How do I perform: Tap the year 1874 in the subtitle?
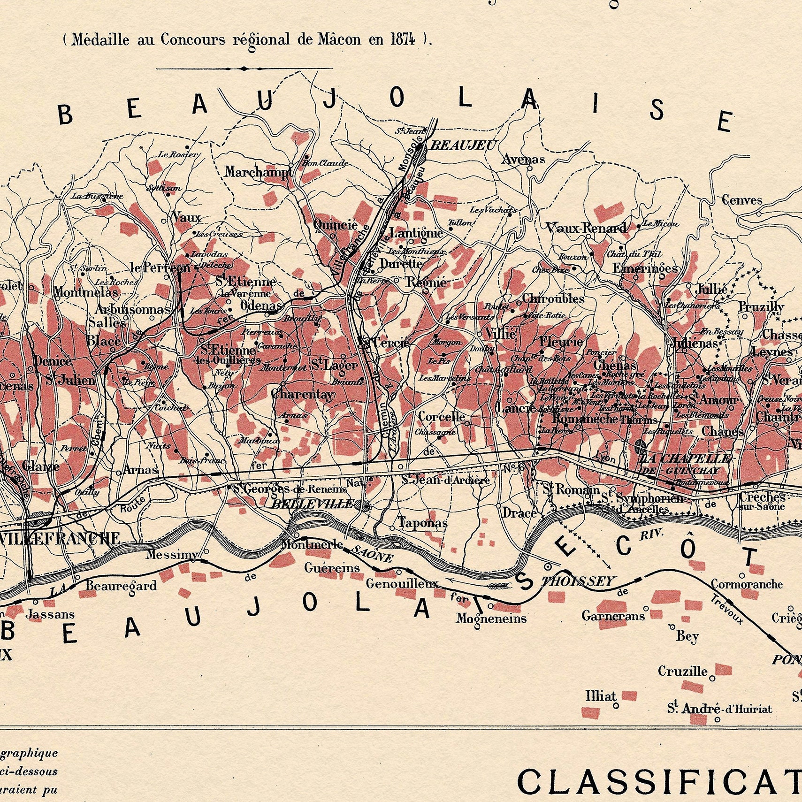pos(403,39)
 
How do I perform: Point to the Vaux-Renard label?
pos(586,228)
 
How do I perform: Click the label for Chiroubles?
pos(553,298)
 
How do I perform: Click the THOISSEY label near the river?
pos(578,582)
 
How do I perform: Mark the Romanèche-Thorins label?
pos(605,419)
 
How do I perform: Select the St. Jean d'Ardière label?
pos(445,480)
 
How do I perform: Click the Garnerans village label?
pos(613,616)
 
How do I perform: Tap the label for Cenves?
pos(742,200)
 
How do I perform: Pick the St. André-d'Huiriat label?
pos(719,709)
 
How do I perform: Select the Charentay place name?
pos(303,394)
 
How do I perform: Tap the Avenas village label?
pos(523,159)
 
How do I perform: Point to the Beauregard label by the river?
pos(121,586)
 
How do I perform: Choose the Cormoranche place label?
pos(747,584)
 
